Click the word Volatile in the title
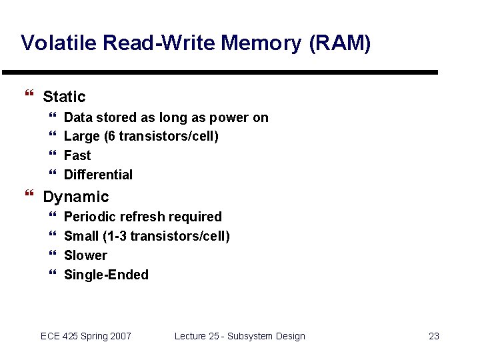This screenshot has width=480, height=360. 58,43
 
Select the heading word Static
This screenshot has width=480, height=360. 64,97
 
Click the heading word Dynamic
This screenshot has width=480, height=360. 75,197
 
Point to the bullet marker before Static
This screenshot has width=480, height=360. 28,97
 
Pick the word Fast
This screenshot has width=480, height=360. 77,155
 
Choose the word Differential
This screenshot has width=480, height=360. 98,175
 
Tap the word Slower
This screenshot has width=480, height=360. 85,255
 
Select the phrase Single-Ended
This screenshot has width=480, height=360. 106,275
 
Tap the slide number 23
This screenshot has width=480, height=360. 433,336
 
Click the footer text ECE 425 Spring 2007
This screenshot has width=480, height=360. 86,336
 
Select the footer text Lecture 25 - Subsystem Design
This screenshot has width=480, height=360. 239,336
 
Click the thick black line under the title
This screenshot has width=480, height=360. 220,72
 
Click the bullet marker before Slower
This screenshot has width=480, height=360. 53,255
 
